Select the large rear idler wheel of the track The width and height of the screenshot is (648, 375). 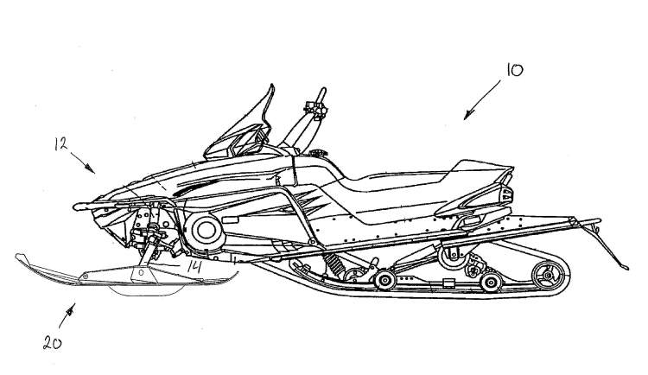pyautogui.click(x=543, y=277)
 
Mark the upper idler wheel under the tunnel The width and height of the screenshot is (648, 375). pyautogui.click(x=449, y=254)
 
